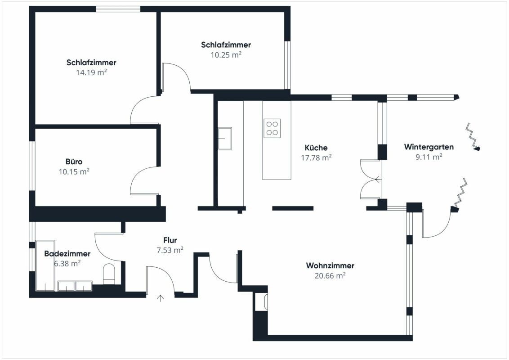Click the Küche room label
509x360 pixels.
tap(316, 148)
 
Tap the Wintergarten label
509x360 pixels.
tap(429, 147)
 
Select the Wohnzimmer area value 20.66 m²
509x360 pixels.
tap(330, 275)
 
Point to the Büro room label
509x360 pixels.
tap(74, 162)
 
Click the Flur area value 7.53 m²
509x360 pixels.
tap(170, 250)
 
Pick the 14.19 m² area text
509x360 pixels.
tap(92, 72)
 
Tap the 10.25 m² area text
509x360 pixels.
tap(226, 54)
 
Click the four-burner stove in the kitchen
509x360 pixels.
tap(272, 128)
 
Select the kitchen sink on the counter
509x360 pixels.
tap(225, 139)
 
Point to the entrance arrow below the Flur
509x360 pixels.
tap(161, 298)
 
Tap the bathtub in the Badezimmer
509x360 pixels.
tap(45, 265)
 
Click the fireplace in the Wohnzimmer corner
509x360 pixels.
tap(261, 301)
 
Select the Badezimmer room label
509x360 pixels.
tap(67, 253)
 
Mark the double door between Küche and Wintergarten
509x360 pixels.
tap(371, 179)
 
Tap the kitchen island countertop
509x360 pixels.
tap(277, 140)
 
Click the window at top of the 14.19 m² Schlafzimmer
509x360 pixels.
tap(118, 9)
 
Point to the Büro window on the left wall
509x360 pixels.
tap(32, 166)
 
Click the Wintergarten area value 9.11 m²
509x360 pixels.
tap(429, 157)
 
